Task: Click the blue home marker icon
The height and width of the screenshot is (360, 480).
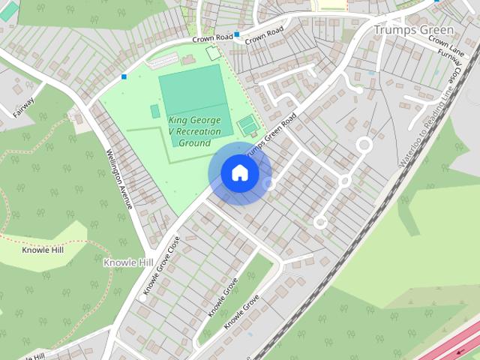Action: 239,173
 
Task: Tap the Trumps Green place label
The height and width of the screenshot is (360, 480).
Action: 413,30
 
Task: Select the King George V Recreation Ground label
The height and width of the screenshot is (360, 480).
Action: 194,131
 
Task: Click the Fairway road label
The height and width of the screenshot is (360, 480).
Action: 24,108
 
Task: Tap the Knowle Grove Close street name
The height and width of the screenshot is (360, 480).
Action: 161,265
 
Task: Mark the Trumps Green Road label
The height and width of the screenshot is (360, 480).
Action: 271,137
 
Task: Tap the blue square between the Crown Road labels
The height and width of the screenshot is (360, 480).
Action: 237,34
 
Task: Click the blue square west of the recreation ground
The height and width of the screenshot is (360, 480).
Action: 124,76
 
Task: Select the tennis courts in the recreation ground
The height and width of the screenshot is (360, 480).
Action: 247,124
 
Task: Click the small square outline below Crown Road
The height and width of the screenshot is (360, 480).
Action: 214,53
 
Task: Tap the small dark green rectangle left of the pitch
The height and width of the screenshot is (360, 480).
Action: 155,111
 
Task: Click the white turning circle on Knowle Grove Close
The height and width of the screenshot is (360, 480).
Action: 142,298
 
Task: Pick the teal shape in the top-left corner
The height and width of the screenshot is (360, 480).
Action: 8,11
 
